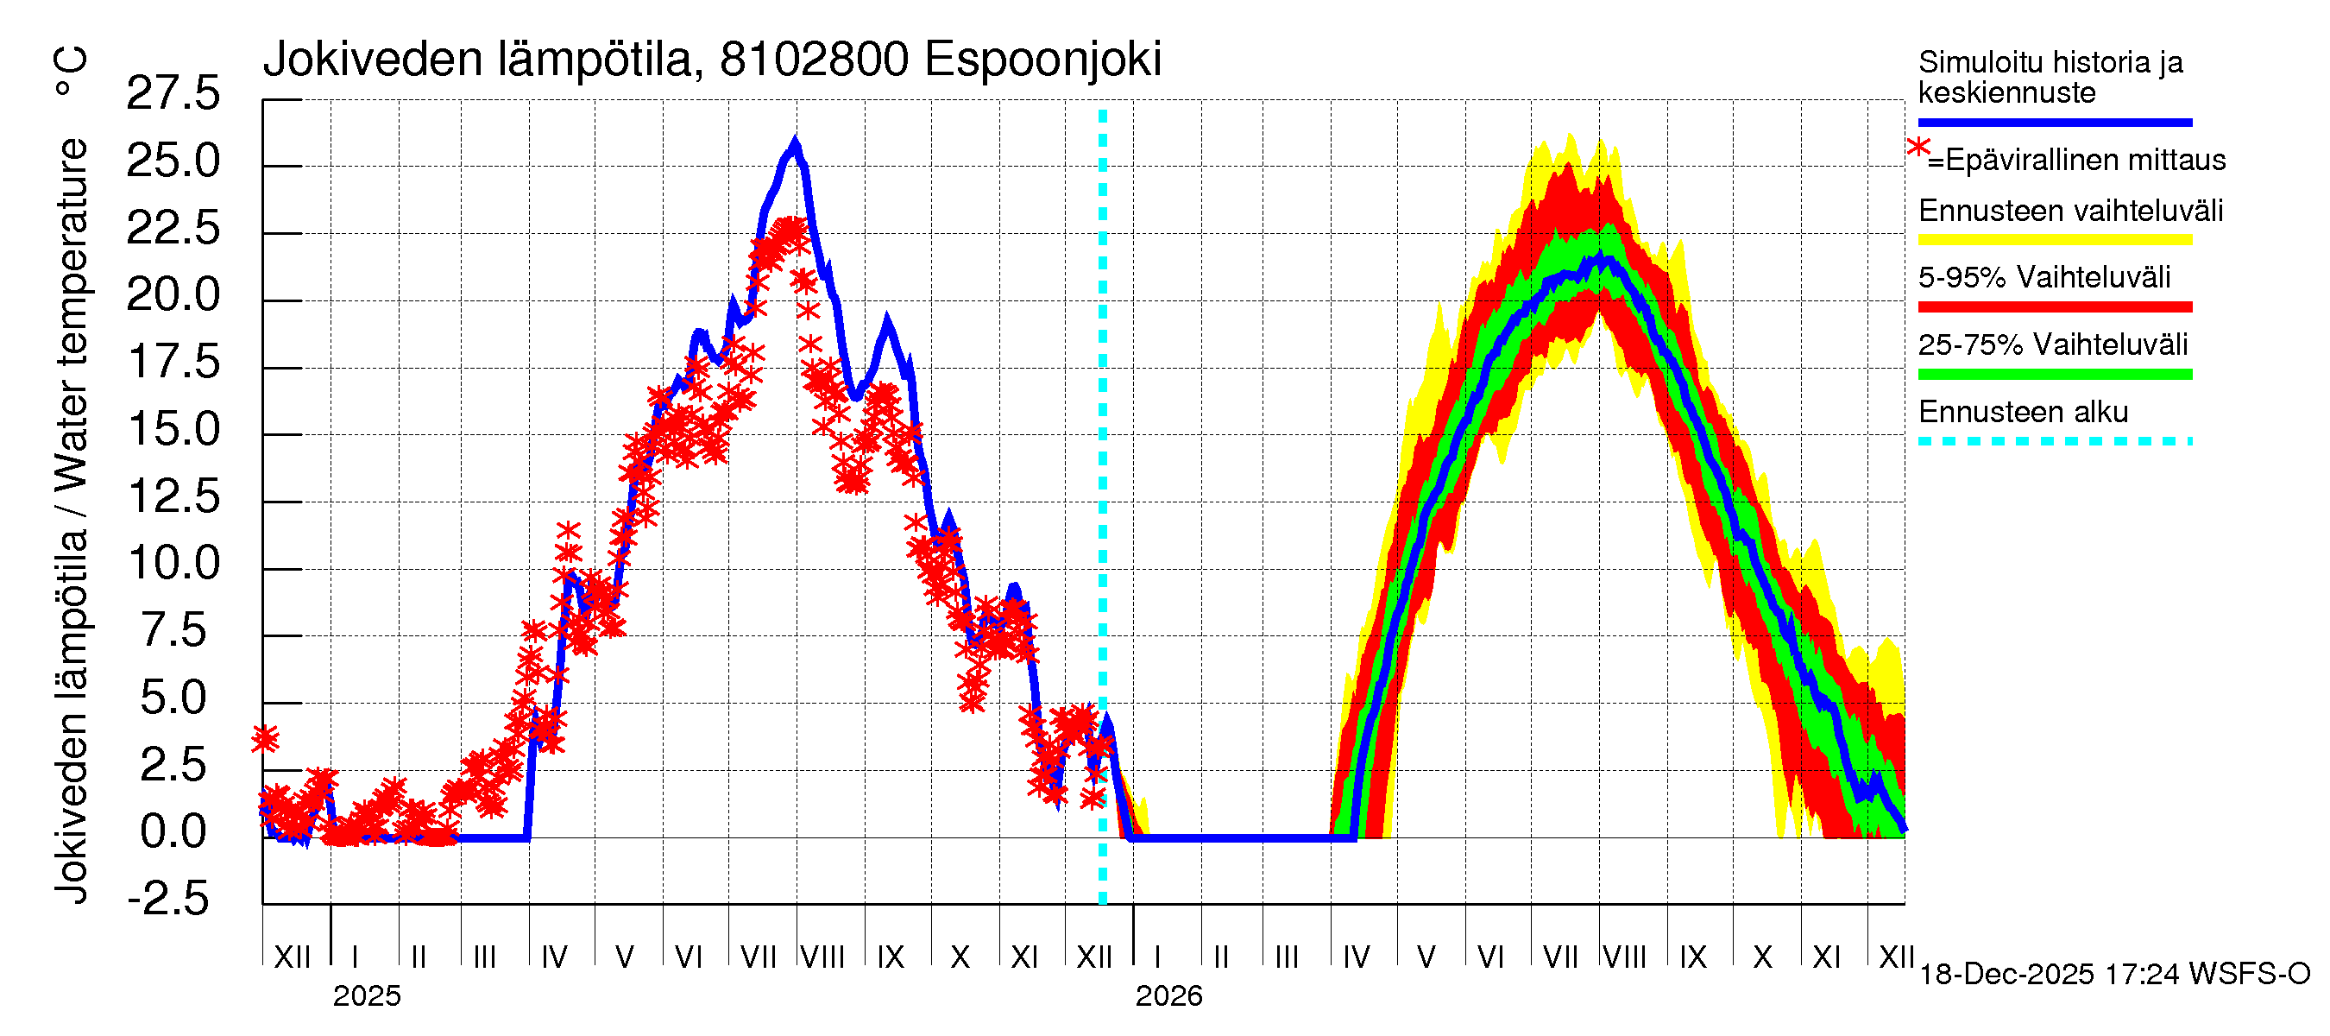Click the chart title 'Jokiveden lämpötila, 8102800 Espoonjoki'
click(x=711, y=60)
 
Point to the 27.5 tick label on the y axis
click(x=173, y=94)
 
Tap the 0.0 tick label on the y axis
click(x=173, y=831)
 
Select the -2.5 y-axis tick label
click(x=168, y=899)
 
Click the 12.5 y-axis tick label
click(x=173, y=496)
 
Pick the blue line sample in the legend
click(x=2054, y=122)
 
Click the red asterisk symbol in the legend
click(x=1918, y=148)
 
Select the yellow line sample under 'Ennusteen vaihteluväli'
click(x=2054, y=240)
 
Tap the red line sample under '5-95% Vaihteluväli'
click(x=2054, y=306)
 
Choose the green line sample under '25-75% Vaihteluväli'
click(x=2054, y=374)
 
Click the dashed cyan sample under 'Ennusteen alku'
click(x=2054, y=441)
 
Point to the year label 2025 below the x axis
click(x=366, y=996)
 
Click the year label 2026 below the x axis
click(x=1168, y=996)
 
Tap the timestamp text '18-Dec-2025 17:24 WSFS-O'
click(x=2113, y=975)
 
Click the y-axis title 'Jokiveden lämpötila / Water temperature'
click(x=72, y=521)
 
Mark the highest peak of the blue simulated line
click(x=795, y=143)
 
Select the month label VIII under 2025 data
click(x=822, y=957)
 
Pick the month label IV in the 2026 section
click(x=1356, y=957)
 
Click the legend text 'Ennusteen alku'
click(x=2023, y=413)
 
